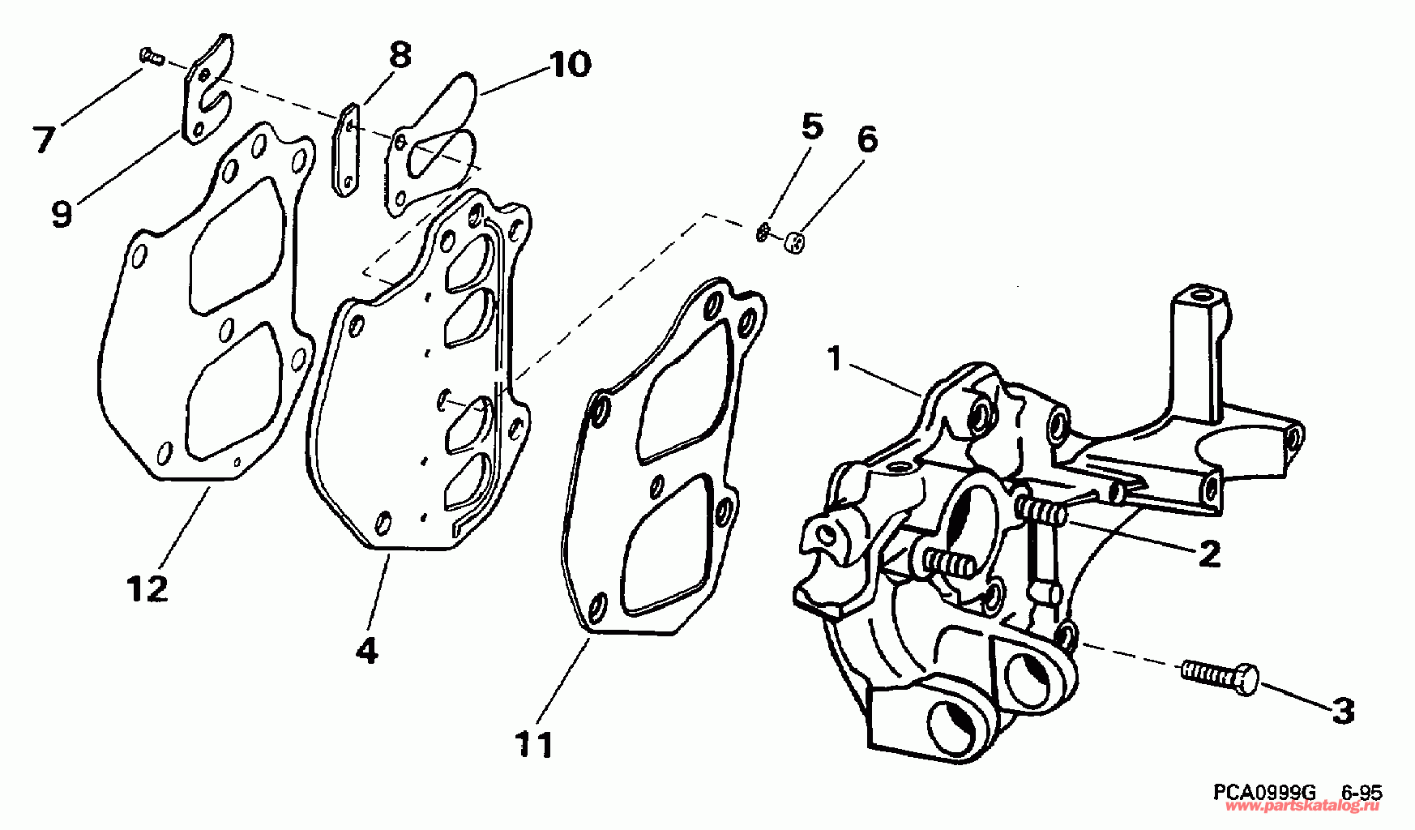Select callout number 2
click(1208, 554)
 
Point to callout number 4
click(367, 649)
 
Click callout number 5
click(811, 127)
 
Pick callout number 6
click(866, 139)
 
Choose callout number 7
click(43, 139)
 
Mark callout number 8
click(399, 56)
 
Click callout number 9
click(62, 213)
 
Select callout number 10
click(570, 64)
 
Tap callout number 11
click(534, 744)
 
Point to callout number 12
click(147, 588)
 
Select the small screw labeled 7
click(151, 56)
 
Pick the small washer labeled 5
click(763, 233)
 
